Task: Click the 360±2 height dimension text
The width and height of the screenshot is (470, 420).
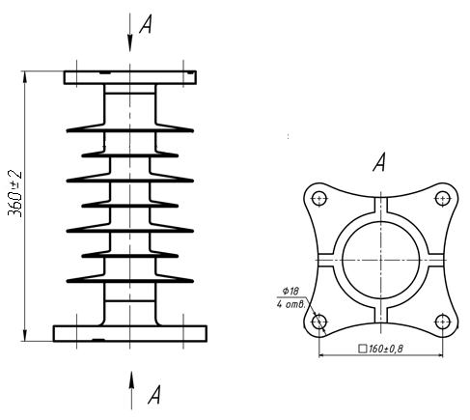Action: (14, 193)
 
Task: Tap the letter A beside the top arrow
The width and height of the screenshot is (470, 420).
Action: (146, 25)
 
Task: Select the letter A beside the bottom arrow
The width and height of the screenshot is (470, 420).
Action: (154, 395)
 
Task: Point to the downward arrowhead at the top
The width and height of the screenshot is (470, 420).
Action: (130, 42)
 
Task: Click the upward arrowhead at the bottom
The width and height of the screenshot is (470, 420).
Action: (131, 380)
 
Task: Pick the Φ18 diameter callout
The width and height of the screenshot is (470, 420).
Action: (290, 292)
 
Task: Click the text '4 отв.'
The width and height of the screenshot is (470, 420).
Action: (290, 304)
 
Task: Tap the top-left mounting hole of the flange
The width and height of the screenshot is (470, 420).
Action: (319, 199)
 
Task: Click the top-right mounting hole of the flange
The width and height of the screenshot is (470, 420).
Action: (443, 199)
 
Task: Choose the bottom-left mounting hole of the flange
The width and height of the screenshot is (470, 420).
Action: (319, 322)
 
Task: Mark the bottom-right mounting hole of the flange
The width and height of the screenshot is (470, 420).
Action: (443, 322)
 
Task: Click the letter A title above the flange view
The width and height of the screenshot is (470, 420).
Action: (379, 162)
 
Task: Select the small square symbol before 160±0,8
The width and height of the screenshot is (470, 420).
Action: (363, 349)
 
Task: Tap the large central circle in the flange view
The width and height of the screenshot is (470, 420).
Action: (381, 221)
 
